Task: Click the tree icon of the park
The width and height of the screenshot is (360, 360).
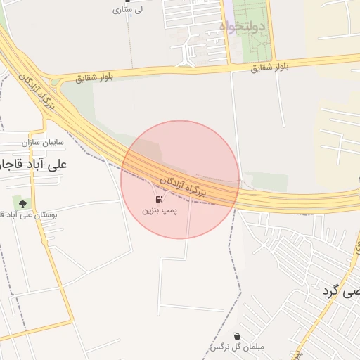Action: (x=23, y=203)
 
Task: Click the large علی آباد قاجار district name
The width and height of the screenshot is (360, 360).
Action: (x=35, y=164)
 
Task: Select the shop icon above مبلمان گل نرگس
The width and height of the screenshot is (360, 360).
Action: (x=237, y=337)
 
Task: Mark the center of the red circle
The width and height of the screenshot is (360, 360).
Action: (x=180, y=179)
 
